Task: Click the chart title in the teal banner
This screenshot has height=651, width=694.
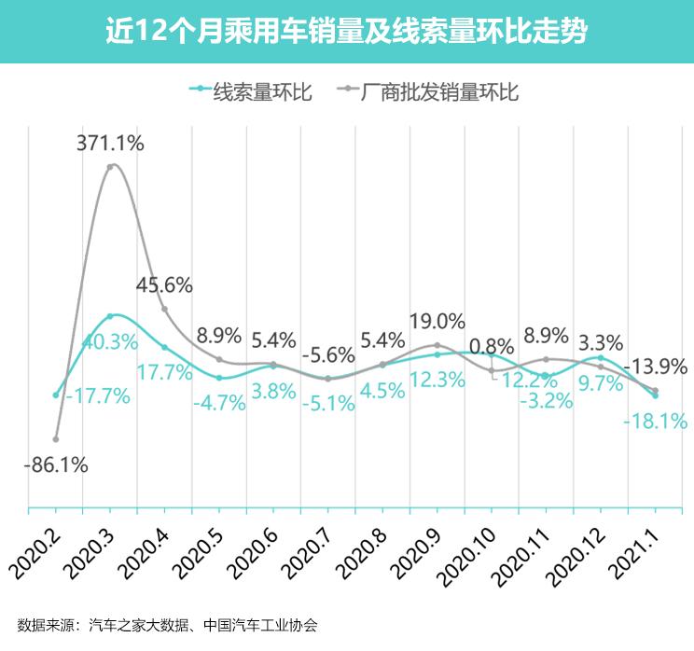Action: (x=346, y=32)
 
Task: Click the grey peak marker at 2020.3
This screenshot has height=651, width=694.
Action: (x=111, y=167)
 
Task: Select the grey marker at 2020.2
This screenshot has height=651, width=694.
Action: (x=56, y=438)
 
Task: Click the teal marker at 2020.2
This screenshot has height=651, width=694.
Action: (x=56, y=395)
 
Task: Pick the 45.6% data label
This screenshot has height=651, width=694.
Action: (x=164, y=285)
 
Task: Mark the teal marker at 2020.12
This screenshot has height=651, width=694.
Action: (x=600, y=357)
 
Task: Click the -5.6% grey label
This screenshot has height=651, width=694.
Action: (x=327, y=354)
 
